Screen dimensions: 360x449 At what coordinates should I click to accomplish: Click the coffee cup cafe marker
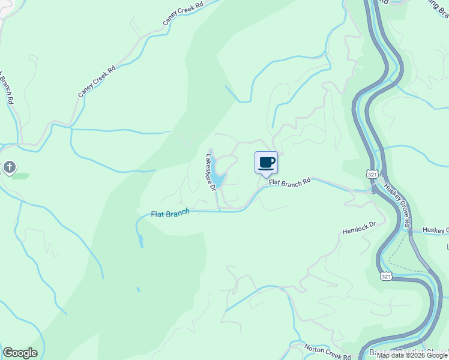pyautogui.click(x=267, y=163)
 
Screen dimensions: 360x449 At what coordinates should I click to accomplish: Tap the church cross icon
pyautogui.click(x=9, y=167)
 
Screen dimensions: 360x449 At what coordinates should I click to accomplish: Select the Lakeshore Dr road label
pyautogui.click(x=211, y=173)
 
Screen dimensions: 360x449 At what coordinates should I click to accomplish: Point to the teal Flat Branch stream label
pyautogui.click(x=170, y=213)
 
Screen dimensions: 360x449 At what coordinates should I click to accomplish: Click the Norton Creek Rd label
pyautogui.click(x=327, y=353)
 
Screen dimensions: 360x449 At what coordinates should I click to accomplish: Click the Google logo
pyautogui.click(x=20, y=353)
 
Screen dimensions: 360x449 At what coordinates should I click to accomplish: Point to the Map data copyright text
pyautogui.click(x=412, y=355)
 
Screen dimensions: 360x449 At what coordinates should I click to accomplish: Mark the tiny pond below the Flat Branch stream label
pyautogui.click(x=140, y=241)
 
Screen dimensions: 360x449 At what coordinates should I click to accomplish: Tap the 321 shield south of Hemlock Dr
pyautogui.click(x=387, y=275)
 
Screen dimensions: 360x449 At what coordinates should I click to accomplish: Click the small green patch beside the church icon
pyautogui.click(x=20, y=176)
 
